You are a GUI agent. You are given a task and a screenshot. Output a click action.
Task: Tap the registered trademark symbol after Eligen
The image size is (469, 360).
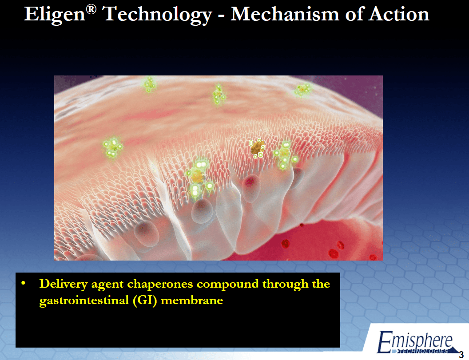[x=91, y=9]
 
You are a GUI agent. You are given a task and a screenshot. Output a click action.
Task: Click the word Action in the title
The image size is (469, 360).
[x=399, y=14]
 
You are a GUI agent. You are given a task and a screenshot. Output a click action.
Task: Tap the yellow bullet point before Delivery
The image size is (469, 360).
[x=24, y=283]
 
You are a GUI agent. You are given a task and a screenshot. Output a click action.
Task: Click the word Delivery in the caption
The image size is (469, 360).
[x=64, y=284]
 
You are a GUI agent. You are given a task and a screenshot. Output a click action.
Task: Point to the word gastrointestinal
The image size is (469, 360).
[x=84, y=301]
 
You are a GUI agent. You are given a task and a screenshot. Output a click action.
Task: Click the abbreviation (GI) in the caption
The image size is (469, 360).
[x=145, y=301]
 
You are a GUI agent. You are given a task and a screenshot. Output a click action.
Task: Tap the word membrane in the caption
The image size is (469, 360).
[x=192, y=300]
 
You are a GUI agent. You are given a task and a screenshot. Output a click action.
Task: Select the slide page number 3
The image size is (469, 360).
[x=461, y=355]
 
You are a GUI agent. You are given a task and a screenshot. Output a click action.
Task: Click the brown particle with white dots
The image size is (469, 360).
[x=258, y=148]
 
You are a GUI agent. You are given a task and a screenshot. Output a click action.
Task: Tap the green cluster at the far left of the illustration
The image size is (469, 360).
[x=112, y=147]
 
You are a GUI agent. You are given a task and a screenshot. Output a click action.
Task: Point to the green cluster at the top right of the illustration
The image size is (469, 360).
[x=303, y=89]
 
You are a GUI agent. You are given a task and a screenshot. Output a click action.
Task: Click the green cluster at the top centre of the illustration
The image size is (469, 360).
[x=219, y=95]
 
